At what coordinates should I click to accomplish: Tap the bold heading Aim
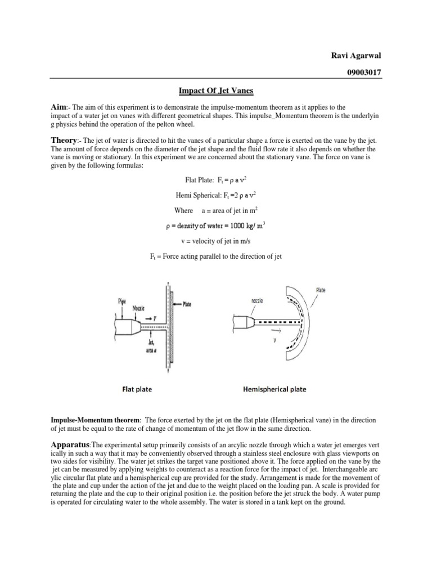(x=58, y=106)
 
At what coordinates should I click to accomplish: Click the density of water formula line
(x=216, y=226)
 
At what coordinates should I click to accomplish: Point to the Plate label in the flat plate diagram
(x=186, y=304)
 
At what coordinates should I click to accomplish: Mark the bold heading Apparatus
(x=75, y=444)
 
